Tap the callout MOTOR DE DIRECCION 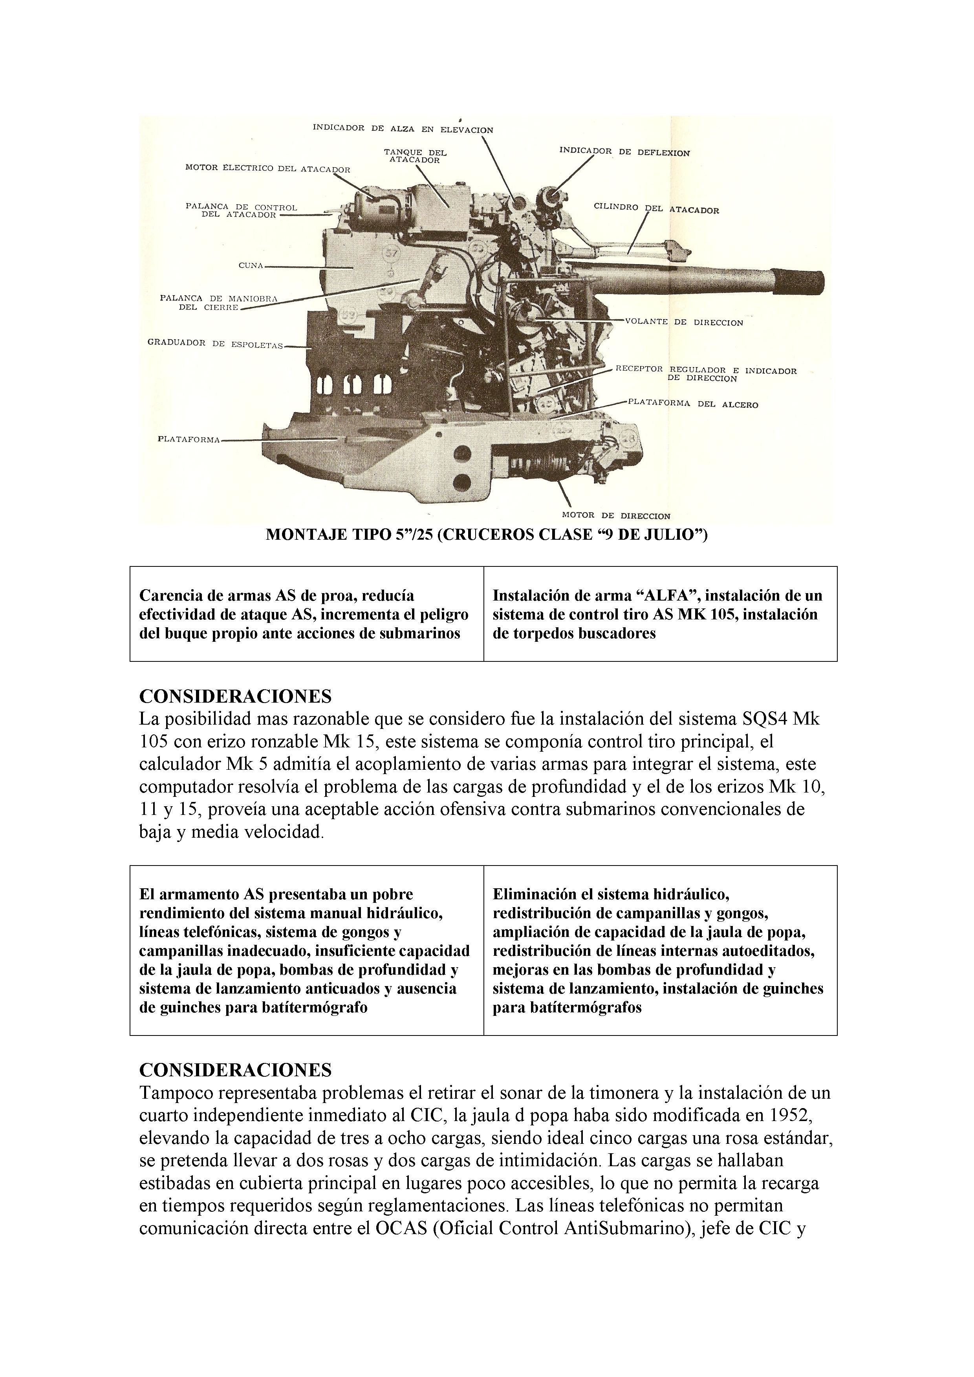pos(616,515)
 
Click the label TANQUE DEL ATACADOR pos(415,156)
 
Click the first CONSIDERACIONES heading pos(235,696)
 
